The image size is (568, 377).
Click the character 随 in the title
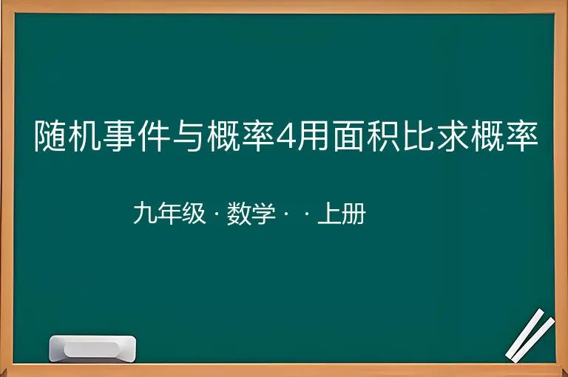51,136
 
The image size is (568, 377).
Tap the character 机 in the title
84,136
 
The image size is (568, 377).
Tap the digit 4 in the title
286,137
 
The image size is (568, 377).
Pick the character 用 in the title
313,136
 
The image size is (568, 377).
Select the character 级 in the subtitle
194,214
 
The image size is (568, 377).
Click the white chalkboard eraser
92,349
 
